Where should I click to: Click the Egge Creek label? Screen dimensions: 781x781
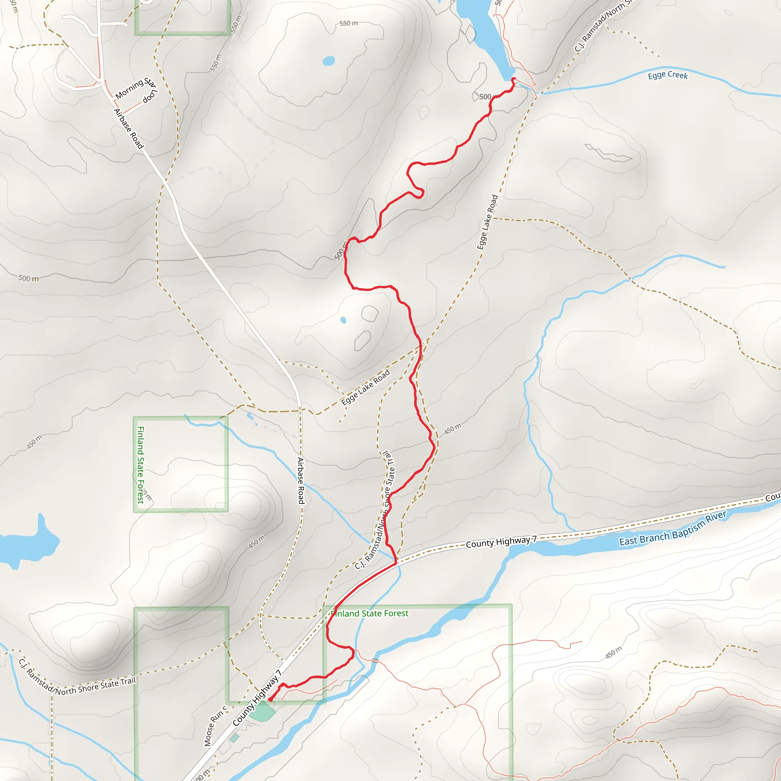[667, 75]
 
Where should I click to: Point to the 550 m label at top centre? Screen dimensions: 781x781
[348, 23]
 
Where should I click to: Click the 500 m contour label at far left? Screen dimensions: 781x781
[29, 278]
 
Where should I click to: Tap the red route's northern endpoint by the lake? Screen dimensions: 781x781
[513, 79]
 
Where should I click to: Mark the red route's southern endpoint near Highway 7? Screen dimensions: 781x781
[270, 700]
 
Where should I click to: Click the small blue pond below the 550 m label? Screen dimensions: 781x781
[329, 61]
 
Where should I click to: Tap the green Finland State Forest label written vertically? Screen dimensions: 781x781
[141, 465]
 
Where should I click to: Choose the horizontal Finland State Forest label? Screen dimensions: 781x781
[370, 614]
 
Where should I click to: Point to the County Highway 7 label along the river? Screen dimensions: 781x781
[501, 541]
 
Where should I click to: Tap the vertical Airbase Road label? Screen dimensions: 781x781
[301, 480]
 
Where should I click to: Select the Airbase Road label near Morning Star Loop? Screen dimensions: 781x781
[128, 129]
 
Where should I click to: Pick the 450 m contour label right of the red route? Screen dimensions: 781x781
[452, 429]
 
